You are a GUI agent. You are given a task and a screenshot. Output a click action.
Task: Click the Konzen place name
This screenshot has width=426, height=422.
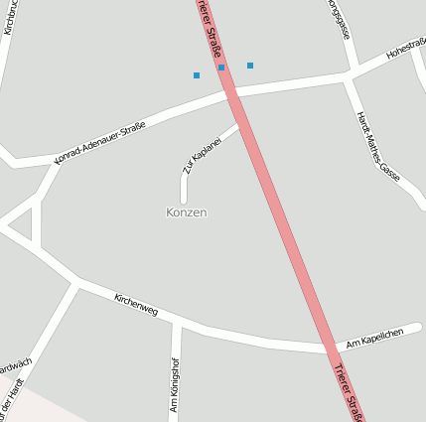186,212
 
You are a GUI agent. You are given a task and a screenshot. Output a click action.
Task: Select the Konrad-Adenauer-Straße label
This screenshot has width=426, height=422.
100,141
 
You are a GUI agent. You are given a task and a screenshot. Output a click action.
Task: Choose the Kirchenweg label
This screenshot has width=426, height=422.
136,305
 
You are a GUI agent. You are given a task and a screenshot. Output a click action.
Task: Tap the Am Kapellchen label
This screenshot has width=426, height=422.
373,339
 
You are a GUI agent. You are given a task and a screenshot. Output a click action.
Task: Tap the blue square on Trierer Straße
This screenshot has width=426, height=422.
221,68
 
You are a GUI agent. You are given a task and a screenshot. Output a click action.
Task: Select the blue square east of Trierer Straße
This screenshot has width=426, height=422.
250,66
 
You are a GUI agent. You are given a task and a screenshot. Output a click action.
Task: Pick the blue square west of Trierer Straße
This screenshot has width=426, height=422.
197,75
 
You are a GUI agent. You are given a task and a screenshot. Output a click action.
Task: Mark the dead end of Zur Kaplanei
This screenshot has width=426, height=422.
185,201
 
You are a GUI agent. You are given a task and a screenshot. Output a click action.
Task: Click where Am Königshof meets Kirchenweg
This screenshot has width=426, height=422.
179,324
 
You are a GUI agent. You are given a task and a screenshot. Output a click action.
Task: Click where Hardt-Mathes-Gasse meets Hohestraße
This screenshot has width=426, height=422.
349,75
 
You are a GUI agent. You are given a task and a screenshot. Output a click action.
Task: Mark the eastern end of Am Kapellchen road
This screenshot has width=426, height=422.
420,327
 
